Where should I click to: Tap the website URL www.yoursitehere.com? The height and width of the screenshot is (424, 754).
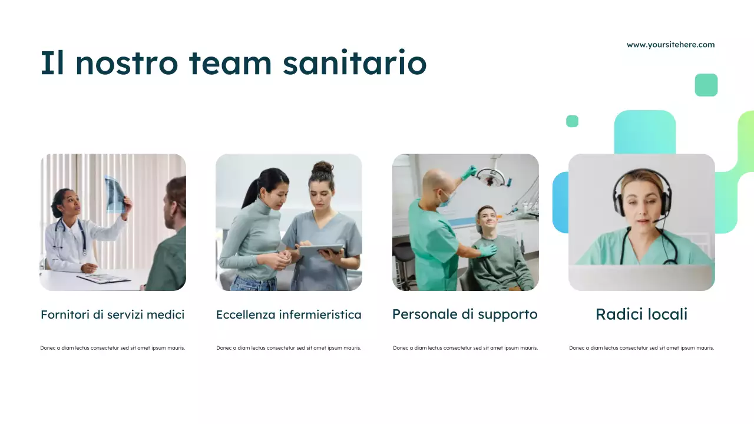[x=670, y=45]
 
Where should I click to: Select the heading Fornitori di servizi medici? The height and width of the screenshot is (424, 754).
[x=113, y=314]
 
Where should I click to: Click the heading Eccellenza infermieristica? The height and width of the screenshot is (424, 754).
[x=289, y=314]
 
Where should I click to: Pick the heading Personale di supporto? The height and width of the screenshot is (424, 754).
[x=465, y=314]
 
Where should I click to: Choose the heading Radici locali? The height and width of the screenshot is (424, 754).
[x=641, y=314]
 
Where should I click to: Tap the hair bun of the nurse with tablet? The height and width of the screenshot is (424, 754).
[x=322, y=168]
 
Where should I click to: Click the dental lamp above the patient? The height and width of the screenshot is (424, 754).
[x=491, y=175]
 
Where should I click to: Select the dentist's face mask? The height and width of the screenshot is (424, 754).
[x=445, y=200]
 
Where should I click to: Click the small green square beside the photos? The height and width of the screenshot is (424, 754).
[x=572, y=121]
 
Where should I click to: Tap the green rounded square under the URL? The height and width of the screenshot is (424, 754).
[x=706, y=85]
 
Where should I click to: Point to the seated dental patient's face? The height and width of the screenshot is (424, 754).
[x=487, y=220]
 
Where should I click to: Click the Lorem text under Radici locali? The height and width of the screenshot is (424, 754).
[x=641, y=348]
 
